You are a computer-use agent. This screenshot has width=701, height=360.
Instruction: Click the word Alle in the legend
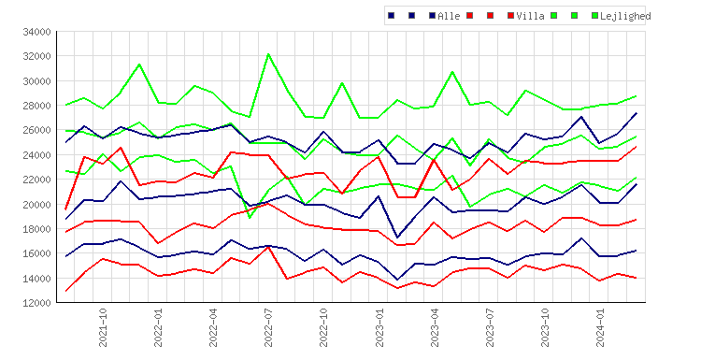(x=449, y=16)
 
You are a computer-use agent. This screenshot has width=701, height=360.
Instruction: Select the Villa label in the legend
(x=530, y=16)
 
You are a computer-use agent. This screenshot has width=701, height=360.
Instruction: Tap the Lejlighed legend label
(x=625, y=17)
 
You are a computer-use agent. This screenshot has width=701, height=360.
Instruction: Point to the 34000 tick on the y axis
(x=37, y=32)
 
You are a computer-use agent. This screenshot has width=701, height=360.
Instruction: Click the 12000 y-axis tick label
(x=37, y=303)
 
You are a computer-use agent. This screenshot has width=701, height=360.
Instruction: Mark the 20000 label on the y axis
(x=37, y=205)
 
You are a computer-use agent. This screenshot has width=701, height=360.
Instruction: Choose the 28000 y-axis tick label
(x=37, y=106)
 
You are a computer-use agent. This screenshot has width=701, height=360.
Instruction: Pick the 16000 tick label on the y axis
(x=37, y=253)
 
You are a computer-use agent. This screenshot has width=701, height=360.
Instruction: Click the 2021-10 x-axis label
(x=103, y=327)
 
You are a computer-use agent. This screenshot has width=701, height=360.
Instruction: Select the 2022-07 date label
(x=268, y=327)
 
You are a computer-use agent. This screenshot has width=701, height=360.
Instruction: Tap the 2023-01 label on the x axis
(x=379, y=327)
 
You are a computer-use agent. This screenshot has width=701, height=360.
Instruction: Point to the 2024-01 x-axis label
(x=600, y=327)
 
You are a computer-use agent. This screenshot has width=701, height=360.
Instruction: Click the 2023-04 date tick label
(x=435, y=327)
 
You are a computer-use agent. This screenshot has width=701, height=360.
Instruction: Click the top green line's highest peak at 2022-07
(x=268, y=54)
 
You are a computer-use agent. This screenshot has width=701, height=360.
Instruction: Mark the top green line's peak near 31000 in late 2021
(x=139, y=64)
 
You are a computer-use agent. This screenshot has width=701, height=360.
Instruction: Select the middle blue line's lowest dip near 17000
(x=397, y=237)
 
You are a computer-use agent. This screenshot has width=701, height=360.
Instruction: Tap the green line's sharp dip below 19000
(x=250, y=218)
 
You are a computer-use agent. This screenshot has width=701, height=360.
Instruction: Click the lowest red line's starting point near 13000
(x=66, y=291)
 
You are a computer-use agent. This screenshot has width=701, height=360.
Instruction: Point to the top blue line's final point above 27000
(x=637, y=113)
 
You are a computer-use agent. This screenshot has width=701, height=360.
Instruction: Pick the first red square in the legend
(x=469, y=16)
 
